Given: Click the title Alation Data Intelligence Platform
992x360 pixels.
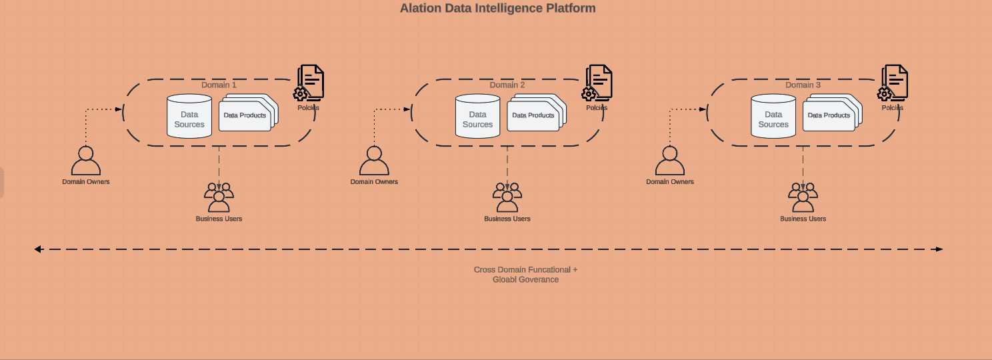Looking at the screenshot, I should point(497,9).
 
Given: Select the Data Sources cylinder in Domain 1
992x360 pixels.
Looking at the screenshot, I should point(189,117).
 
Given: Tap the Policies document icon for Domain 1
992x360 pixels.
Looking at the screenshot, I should point(310,83).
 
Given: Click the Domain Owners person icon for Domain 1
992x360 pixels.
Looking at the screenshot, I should point(86,161).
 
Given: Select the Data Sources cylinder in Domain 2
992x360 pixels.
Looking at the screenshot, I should point(477,117).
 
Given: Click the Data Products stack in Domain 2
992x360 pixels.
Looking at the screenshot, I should point(535,114).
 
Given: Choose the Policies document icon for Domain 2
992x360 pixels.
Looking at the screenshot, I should point(598,83).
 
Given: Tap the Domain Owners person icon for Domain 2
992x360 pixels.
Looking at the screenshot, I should point(374,161).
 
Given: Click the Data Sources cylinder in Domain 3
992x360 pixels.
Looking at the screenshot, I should point(773,117).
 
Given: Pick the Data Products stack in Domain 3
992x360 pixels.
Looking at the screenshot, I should point(831,114).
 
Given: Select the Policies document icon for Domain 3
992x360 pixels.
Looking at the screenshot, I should point(894,83).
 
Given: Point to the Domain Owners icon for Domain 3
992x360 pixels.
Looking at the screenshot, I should point(670,161).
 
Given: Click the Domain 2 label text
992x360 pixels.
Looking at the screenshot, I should point(507,85).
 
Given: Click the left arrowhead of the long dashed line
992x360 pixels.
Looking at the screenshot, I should point(39,249).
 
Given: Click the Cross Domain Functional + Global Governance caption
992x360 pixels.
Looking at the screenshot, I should point(525,275).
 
